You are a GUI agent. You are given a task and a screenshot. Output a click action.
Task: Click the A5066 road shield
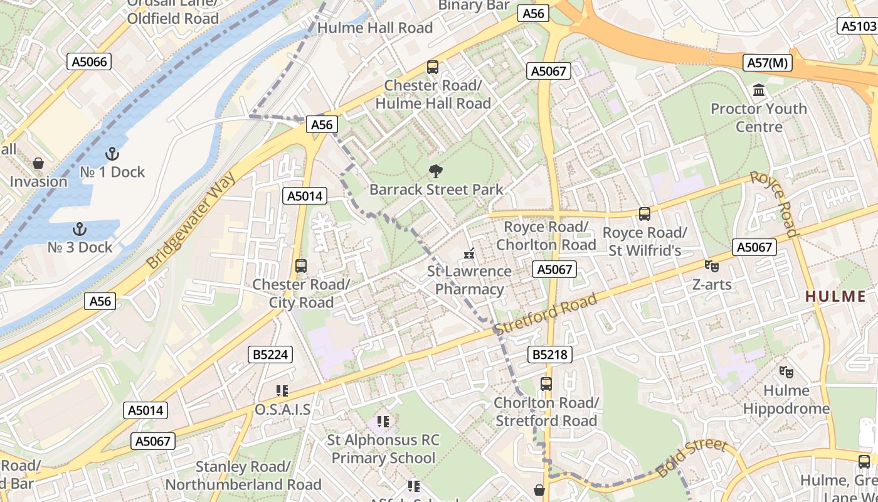[90, 61]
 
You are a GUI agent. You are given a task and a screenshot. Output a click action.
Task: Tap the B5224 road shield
[270, 355]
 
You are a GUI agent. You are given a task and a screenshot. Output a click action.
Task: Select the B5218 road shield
[550, 355]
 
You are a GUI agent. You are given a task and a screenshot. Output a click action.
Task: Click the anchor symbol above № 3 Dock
[79, 229]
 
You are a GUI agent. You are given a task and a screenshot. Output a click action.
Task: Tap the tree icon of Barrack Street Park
[435, 171]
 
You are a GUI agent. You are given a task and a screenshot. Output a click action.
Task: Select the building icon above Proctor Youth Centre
[759, 90]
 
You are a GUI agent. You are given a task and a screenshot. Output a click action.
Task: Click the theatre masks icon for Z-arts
[711, 266]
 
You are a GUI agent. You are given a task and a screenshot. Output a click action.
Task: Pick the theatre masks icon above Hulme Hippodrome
[786, 372]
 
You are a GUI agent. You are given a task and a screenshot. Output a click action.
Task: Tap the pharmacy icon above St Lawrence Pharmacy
[468, 254]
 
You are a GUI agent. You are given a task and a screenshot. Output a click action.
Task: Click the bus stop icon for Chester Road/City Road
[301, 266]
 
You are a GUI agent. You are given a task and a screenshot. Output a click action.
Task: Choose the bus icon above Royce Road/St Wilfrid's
[644, 214]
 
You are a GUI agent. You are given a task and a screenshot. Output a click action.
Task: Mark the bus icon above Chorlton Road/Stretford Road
[546, 384]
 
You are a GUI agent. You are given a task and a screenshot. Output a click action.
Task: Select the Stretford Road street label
[545, 314]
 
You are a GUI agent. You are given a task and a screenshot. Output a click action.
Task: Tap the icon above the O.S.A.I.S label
[282, 391]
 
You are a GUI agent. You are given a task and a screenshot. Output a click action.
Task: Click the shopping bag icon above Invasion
[38, 163]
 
